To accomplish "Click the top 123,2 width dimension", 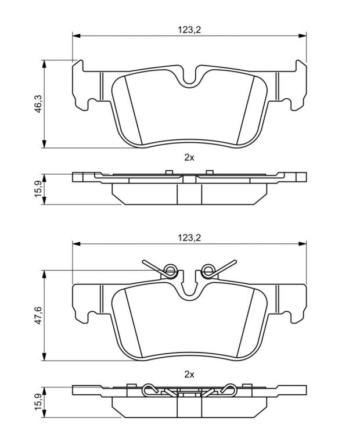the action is (x=189, y=30).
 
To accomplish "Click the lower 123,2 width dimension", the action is (x=189, y=238).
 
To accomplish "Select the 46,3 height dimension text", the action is (x=38, y=104).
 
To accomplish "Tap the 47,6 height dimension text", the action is (x=38, y=315).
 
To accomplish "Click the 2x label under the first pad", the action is (x=189, y=157).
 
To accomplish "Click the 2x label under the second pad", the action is (x=189, y=375).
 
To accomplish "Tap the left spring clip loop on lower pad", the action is (x=171, y=269).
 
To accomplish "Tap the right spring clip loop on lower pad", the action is (x=208, y=269).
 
